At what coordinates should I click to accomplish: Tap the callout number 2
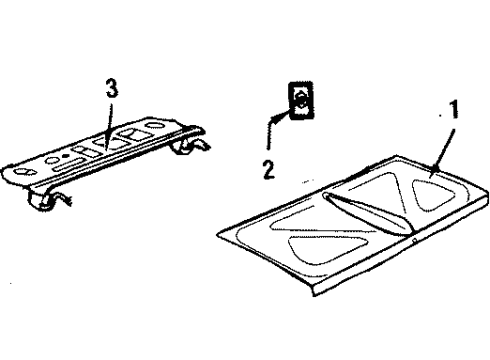click(x=268, y=166)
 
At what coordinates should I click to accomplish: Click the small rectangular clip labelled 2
click(x=301, y=101)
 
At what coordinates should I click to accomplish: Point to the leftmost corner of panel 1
click(x=219, y=238)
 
